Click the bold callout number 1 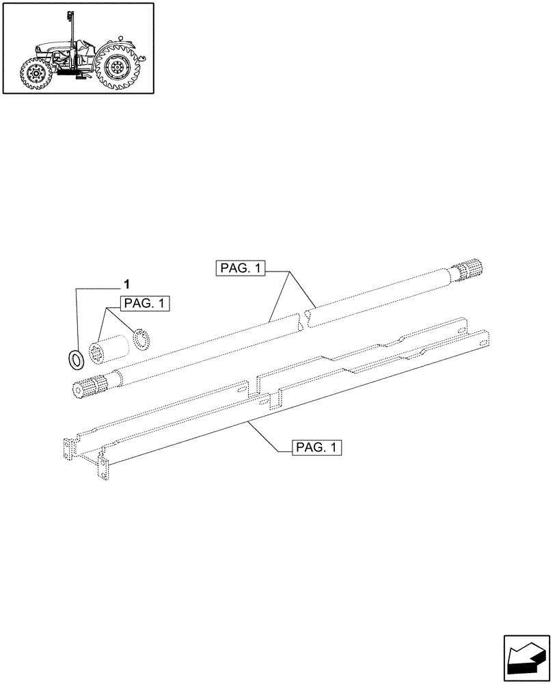pos(126,283)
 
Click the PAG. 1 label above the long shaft pos(241,269)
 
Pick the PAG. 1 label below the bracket pos(316,448)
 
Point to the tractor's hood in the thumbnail pos(51,49)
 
